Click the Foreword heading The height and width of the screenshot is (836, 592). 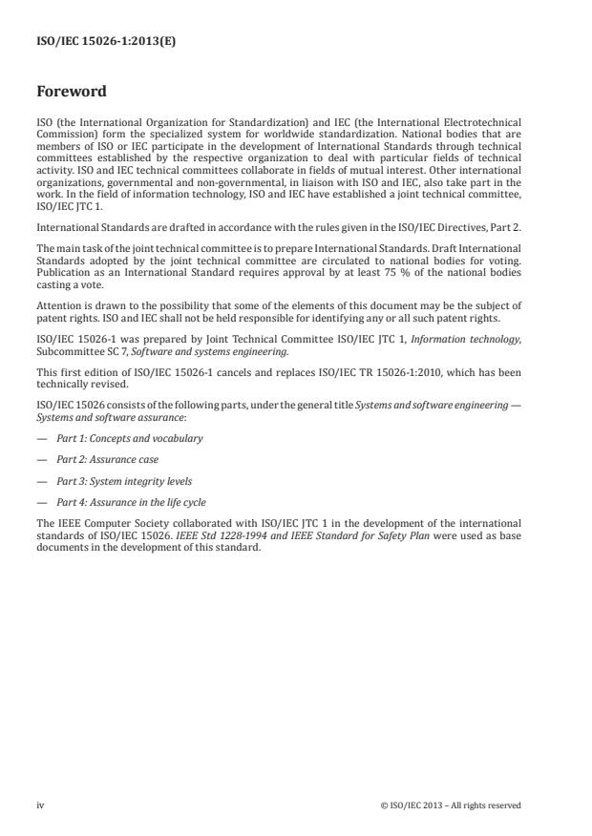pyautogui.click(x=72, y=93)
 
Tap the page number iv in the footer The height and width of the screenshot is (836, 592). pyautogui.click(x=40, y=805)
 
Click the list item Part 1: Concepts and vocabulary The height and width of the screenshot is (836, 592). pyautogui.click(x=129, y=438)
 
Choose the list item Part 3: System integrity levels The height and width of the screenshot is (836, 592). pyautogui.click(x=124, y=481)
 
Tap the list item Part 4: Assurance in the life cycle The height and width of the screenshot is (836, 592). pyautogui.click(x=131, y=502)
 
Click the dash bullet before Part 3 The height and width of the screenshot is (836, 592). pyautogui.click(x=40, y=481)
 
